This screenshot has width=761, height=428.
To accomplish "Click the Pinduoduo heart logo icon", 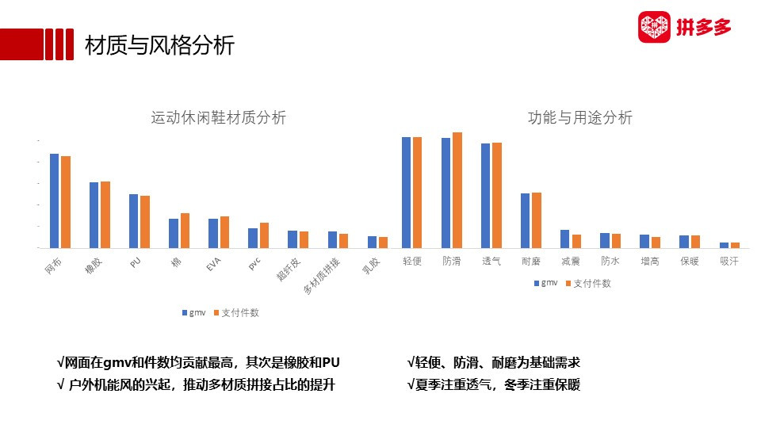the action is [x=654, y=27].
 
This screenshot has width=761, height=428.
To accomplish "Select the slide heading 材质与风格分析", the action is [x=159, y=45].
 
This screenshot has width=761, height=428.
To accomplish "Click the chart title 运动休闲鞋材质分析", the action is [x=219, y=117].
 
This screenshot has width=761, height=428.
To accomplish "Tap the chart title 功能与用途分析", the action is [x=580, y=117].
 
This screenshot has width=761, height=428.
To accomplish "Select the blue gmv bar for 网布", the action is [x=55, y=201].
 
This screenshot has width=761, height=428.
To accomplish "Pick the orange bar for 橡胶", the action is [x=105, y=215].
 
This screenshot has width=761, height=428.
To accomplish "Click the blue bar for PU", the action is [x=133, y=221].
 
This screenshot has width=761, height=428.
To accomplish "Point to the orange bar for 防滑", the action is [x=457, y=190].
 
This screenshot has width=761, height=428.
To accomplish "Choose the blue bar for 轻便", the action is [x=406, y=193].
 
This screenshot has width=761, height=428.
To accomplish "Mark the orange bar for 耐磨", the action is [x=537, y=220].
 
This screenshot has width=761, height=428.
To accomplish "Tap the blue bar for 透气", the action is [x=485, y=196].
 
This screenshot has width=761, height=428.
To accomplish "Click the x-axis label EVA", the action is [x=213, y=265].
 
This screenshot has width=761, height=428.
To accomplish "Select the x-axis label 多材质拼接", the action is [x=322, y=276].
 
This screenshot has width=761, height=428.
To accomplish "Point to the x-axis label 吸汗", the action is [x=729, y=261].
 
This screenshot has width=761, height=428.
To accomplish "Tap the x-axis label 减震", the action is [x=570, y=261].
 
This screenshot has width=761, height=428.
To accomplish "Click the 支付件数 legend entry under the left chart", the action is [x=236, y=313].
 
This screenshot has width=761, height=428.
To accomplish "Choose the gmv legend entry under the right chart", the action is [x=546, y=283].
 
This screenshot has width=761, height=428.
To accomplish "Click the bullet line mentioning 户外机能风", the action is [x=196, y=385].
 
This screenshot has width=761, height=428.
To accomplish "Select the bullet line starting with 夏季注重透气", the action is [x=494, y=385].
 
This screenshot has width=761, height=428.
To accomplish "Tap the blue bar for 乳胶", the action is [x=372, y=243].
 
